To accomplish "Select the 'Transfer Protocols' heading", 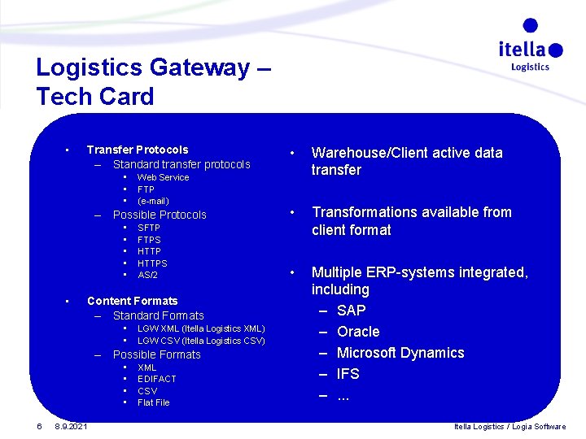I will click(x=137, y=150).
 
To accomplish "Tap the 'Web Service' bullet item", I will click(x=163, y=177).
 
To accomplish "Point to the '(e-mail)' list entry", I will click(x=153, y=201).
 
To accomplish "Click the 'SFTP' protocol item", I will click(x=149, y=228).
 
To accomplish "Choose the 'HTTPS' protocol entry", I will click(x=152, y=263).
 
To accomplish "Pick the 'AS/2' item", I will click(x=147, y=275).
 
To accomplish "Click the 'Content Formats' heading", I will click(x=132, y=301).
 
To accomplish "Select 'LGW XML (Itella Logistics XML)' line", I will click(x=201, y=328).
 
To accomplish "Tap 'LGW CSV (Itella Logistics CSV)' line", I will click(x=201, y=341).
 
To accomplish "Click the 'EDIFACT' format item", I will click(x=156, y=379).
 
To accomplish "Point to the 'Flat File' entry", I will click(x=153, y=402).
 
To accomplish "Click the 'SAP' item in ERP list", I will click(x=351, y=311).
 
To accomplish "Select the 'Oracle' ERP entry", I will click(x=358, y=332).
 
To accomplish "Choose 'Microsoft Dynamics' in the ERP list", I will click(x=400, y=353).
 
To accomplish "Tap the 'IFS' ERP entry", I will click(x=348, y=374).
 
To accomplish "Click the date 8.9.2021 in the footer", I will click(x=72, y=427).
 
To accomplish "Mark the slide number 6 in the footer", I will click(x=39, y=427).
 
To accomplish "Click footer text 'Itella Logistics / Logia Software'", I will click(x=509, y=427).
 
